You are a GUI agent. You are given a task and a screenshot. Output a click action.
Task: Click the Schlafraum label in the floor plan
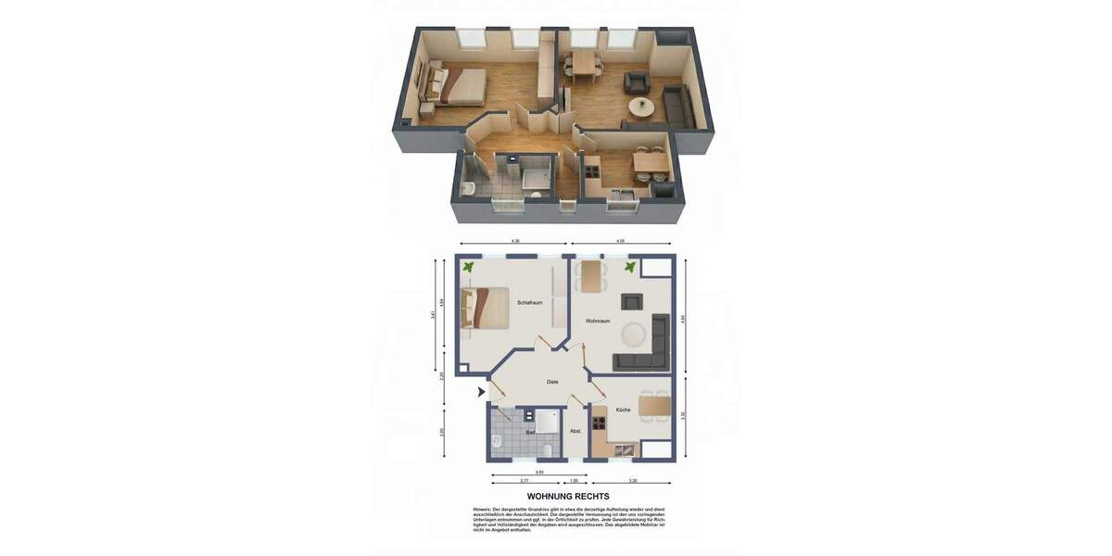pos(530,303)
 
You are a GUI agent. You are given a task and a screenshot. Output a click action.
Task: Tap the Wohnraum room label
pos(598,321)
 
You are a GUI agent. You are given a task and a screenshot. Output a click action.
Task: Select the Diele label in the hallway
pos(552,382)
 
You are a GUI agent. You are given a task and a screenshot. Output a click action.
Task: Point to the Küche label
pos(623,410)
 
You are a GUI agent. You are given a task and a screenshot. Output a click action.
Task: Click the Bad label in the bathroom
pos(530,433)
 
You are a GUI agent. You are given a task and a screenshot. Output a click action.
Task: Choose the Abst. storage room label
pos(575,431)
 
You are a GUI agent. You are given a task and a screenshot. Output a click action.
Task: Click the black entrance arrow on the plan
pos(481,392)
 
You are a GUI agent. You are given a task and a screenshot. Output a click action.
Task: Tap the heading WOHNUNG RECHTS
pos(568,497)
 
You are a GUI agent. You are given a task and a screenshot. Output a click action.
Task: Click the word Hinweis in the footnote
pos(483,509)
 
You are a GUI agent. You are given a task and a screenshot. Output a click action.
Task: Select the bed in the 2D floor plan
pos(487,308)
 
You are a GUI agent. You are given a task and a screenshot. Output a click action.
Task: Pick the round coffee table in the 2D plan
pos(635,332)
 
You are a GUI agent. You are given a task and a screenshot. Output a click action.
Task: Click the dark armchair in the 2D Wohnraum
pos(632,301)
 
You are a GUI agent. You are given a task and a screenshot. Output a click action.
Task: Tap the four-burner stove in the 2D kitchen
pos(599,424)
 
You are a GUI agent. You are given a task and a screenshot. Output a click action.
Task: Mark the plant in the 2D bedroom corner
pos(469,267)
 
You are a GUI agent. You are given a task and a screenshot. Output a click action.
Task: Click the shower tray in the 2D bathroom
pos(547,421)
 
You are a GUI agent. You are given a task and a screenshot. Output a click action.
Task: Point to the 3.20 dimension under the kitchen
pos(633,481)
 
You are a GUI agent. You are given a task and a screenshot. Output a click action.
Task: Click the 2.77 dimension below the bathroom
pos(524,481)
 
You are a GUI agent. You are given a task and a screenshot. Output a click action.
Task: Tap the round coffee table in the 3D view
pos(640,107)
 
